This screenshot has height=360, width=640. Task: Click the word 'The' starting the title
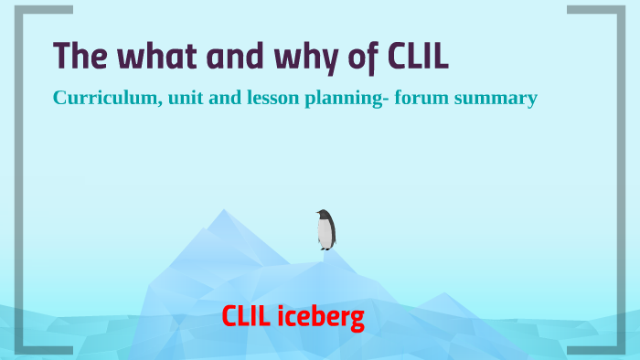pyautogui.click(x=77, y=57)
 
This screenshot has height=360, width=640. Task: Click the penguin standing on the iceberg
pyautogui.click(x=325, y=229)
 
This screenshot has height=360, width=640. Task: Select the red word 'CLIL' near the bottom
pyautogui.click(x=247, y=318)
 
